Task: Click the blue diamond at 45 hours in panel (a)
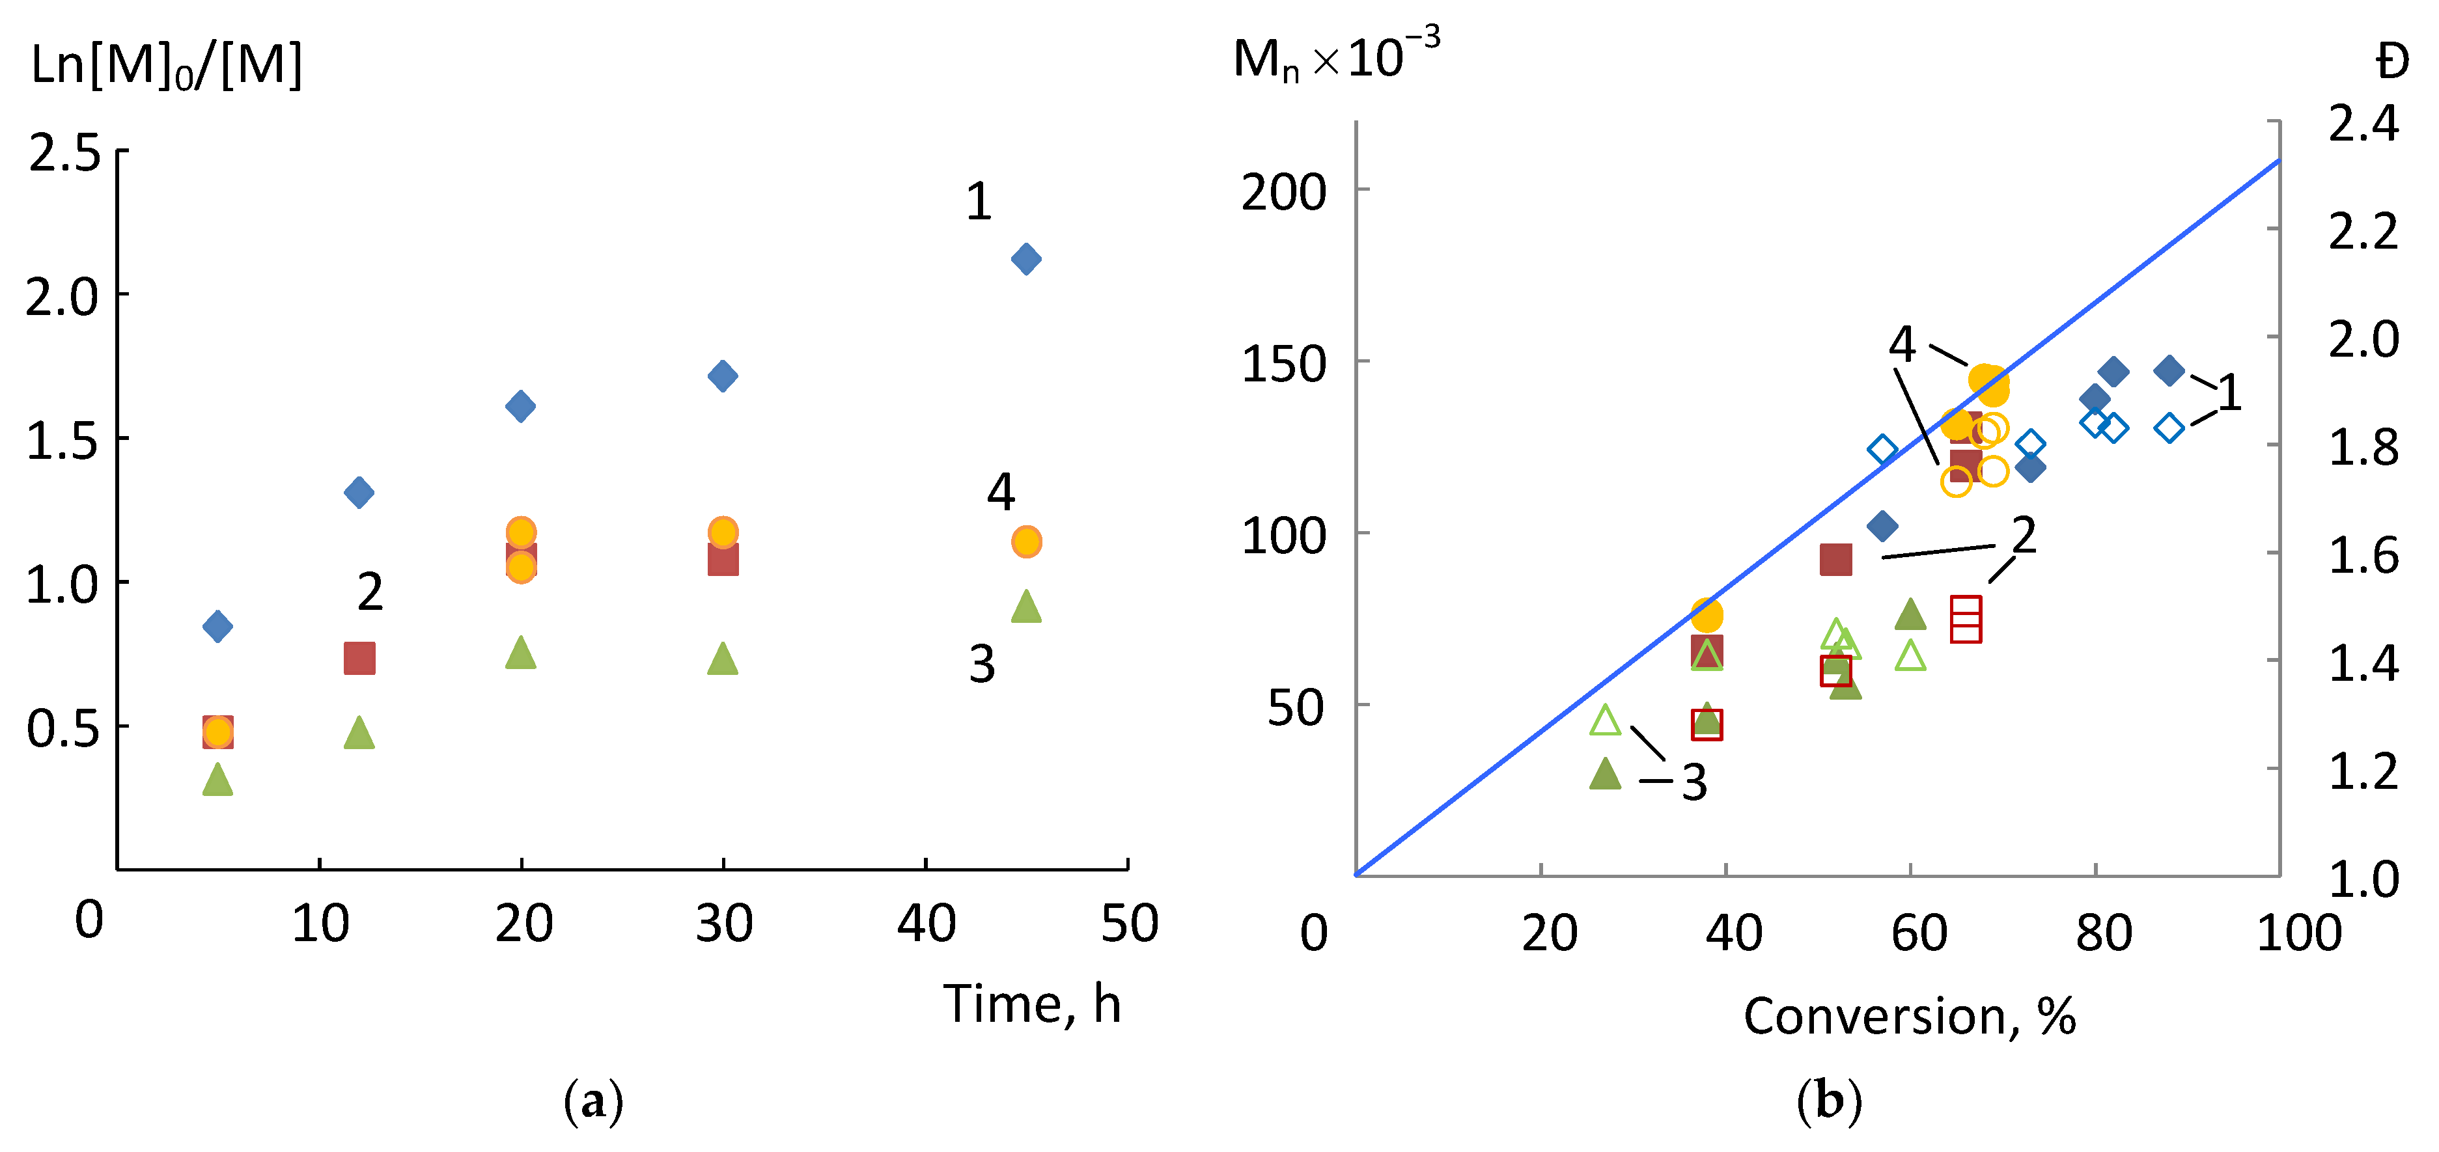(1026, 258)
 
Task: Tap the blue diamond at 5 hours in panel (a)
(217, 625)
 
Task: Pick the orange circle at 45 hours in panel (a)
(1026, 542)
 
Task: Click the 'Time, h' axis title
(1032, 1004)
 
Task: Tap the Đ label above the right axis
(2391, 62)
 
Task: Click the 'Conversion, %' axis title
(1910, 1017)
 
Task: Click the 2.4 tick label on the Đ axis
(2363, 123)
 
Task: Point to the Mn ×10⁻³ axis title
(1335, 59)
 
